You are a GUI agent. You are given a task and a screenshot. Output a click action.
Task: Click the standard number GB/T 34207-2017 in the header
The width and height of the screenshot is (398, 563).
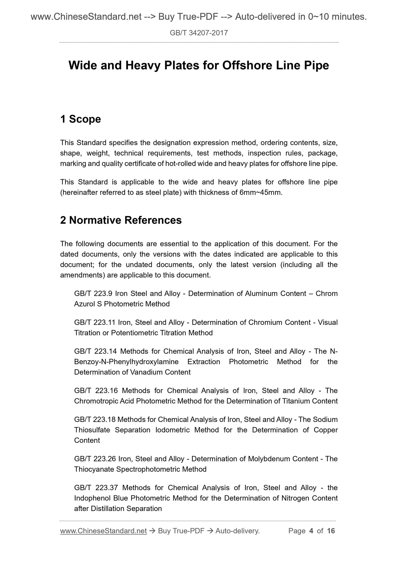(199, 33)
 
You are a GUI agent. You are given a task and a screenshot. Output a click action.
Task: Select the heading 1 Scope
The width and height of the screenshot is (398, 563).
(80, 119)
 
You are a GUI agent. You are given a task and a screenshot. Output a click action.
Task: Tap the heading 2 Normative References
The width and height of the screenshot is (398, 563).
(121, 220)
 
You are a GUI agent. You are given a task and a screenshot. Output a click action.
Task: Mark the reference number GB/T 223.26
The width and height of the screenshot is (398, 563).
(95, 459)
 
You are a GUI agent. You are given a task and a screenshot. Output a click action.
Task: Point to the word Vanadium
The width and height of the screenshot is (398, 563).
(146, 372)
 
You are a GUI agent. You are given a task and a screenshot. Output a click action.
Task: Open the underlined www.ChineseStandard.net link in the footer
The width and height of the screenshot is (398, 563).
(103, 531)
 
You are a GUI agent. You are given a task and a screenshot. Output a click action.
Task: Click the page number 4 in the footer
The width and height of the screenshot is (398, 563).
(311, 531)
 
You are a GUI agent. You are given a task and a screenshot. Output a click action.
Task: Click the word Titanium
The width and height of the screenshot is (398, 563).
(296, 401)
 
